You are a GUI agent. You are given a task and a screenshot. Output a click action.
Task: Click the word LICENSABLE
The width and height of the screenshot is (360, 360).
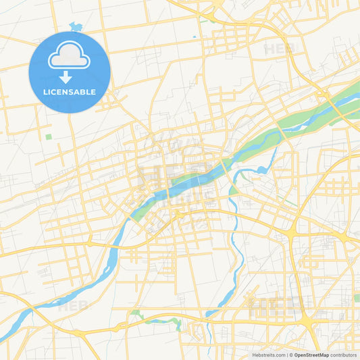[69, 92]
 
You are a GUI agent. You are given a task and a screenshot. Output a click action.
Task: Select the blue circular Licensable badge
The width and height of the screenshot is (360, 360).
[69, 72]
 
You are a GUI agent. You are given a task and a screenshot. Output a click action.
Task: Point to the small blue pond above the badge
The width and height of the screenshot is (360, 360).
[75, 28]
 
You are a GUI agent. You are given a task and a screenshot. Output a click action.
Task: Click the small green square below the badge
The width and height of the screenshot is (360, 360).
[49, 137]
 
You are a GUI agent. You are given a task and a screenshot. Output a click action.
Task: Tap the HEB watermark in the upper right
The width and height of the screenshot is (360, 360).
[279, 49]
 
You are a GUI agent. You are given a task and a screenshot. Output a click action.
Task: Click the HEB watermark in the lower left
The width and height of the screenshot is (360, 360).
[72, 305]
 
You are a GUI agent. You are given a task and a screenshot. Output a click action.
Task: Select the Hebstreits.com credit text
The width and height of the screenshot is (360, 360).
[267, 355]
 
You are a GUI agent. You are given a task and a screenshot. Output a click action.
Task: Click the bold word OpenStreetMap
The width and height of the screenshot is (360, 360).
[312, 355]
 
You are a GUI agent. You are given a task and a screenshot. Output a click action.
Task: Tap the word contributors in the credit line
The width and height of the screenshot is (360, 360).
[344, 355]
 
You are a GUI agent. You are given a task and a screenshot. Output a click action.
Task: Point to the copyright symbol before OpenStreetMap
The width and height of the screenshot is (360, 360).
[292, 355]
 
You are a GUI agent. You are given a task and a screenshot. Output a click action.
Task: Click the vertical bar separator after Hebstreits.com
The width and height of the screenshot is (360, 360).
[287, 355]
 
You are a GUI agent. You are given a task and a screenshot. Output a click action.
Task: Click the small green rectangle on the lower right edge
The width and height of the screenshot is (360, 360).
[356, 298]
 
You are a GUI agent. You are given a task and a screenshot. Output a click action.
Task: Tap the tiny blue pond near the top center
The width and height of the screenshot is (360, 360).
[195, 36]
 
